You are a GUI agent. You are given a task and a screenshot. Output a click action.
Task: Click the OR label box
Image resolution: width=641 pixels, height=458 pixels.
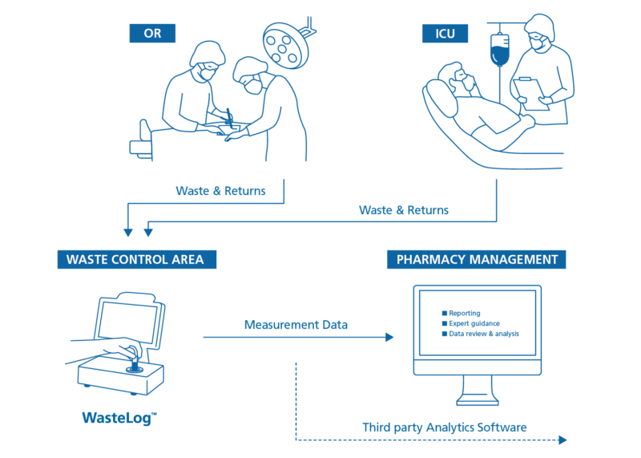(x=152, y=34)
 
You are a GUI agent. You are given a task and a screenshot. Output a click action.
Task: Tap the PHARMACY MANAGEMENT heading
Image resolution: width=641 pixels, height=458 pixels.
(x=477, y=260)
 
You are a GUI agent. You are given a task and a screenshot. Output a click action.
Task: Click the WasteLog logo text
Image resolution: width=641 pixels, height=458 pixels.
(x=119, y=417)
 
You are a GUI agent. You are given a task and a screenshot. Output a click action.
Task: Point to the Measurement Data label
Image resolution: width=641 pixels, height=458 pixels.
(x=296, y=325)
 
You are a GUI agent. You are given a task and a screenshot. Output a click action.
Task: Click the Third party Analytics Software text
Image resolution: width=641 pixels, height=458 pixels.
(x=445, y=427)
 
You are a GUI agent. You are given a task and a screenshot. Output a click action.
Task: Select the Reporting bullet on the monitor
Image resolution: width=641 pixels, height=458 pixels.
(x=464, y=313)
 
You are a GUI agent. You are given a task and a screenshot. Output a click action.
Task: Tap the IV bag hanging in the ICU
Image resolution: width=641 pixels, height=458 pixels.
(x=499, y=49)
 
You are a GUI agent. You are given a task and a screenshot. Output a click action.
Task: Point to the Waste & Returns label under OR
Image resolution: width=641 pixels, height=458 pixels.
(x=220, y=191)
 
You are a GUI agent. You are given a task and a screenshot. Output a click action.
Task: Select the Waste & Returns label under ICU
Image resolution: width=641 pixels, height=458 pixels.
(x=404, y=210)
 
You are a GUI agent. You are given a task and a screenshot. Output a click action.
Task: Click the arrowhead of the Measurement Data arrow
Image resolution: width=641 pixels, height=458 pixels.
(x=390, y=338)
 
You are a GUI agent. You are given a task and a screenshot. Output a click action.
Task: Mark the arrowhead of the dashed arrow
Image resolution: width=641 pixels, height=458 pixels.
(x=562, y=440)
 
